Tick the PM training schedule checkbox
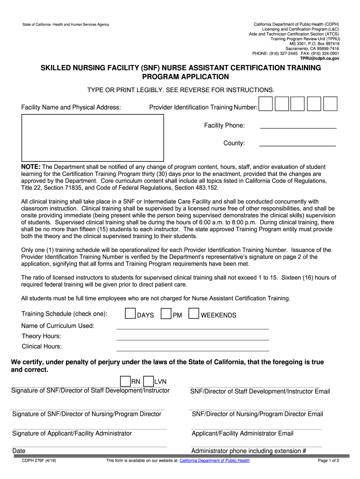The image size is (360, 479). pos(166,314)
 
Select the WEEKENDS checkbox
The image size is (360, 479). pos(194,314)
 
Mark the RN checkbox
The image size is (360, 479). pos(125,381)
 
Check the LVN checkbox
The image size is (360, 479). pos(149,381)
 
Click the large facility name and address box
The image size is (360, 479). pos(93,138)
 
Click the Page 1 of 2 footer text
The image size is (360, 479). pos(328,461)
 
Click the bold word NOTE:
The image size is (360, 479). pos(31,167)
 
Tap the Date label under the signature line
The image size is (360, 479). pos(19,451)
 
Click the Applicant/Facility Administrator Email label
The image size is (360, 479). pos(243,434)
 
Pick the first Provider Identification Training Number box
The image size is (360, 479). pos(266,104)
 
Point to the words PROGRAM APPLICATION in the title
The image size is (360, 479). pos(180,77)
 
